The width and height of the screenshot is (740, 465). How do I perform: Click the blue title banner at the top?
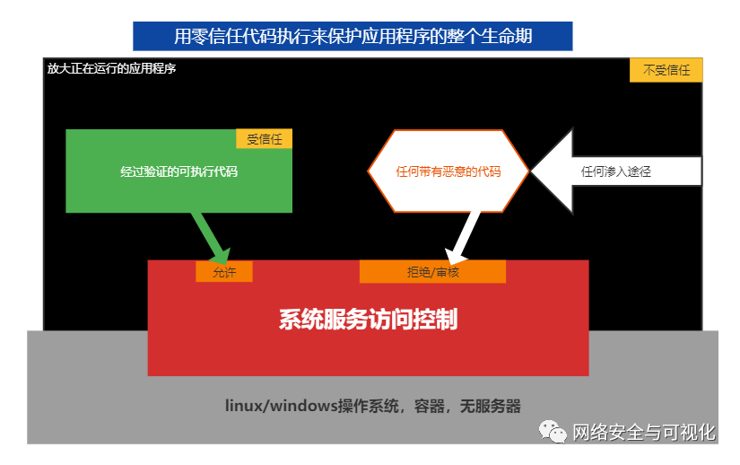click(353, 36)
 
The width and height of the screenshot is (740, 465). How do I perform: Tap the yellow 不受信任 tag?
click(666, 70)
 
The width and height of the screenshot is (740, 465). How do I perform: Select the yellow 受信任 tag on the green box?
click(265, 139)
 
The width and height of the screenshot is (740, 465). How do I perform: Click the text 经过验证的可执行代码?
click(178, 171)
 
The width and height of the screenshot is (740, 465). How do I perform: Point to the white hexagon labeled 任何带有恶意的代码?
click(448, 171)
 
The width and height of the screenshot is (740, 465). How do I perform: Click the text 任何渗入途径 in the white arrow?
click(616, 171)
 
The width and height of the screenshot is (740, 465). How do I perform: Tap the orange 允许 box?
click(224, 272)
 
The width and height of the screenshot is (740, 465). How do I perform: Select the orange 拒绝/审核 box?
click(432, 272)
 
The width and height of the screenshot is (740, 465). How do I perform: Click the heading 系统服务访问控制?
click(368, 320)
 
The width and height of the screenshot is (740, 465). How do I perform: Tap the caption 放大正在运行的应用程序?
click(111, 68)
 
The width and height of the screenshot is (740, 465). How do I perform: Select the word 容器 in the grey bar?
click(429, 406)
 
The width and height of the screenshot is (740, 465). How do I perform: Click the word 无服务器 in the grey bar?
click(490, 406)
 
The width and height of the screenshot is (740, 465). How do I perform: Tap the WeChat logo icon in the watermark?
click(553, 432)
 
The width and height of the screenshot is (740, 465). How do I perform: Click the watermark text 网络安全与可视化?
click(644, 432)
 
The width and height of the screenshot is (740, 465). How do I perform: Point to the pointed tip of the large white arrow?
click(532, 171)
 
